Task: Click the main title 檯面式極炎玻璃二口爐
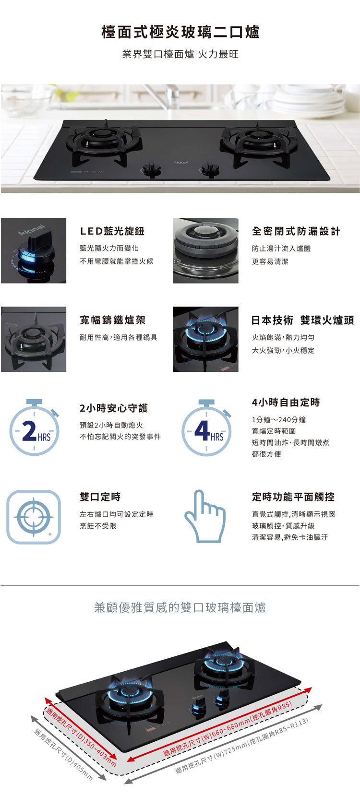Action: pyautogui.click(x=180, y=32)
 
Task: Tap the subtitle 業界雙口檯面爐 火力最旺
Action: pyautogui.click(x=180, y=54)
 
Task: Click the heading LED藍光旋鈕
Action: pyautogui.click(x=112, y=231)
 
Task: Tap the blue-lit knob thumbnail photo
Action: pyautogui.click(x=34, y=250)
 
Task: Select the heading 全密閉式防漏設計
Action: pyautogui.click(x=296, y=231)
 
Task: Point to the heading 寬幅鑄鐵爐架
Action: pyautogui.click(x=112, y=320)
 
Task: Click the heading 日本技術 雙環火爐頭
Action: pyautogui.click(x=302, y=320)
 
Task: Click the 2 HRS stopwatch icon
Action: pyautogui.click(x=34, y=428)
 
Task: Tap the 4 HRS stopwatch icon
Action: pyautogui.click(x=206, y=428)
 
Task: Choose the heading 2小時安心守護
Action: pyautogui.click(x=114, y=408)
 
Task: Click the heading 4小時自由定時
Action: pyautogui.click(x=286, y=402)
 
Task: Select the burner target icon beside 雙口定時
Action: pyautogui.click(x=34, y=517)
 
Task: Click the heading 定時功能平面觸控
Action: pyautogui.click(x=293, y=497)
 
